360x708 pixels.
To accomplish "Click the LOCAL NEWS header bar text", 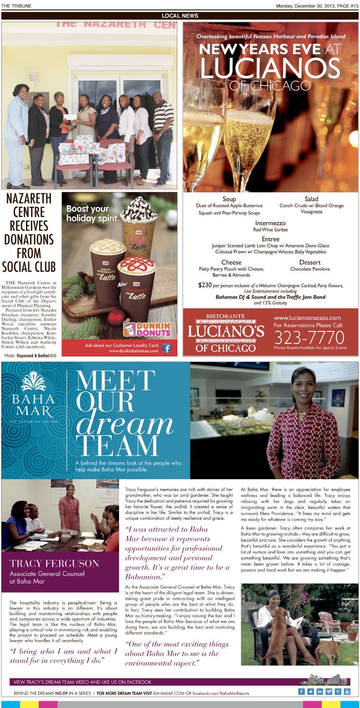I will (x=180, y=16).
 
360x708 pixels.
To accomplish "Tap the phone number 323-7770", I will (x=309, y=337).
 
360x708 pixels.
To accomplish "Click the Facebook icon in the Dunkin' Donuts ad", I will (x=166, y=348).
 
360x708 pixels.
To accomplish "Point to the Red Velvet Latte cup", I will (x=136, y=287).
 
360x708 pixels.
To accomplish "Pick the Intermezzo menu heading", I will (x=270, y=223).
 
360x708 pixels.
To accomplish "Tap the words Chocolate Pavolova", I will (x=309, y=269).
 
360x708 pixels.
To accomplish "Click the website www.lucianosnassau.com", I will (x=307, y=318).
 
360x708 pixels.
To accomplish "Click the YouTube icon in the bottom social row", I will (x=347, y=691).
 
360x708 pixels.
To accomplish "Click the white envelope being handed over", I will (x=70, y=117).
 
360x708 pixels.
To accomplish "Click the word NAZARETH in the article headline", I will (x=29, y=199).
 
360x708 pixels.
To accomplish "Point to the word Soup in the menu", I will (x=229, y=199).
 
